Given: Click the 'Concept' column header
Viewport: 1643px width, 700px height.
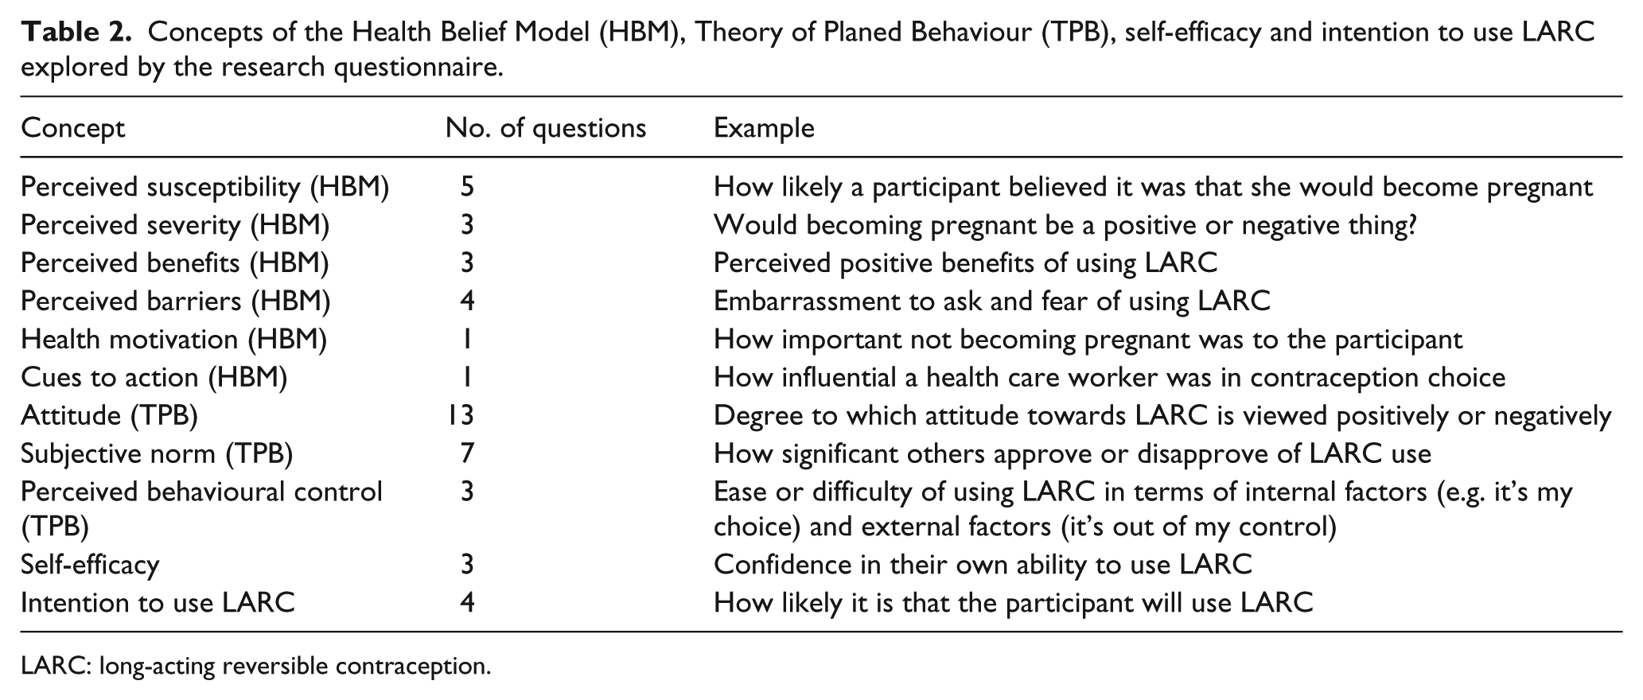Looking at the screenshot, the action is tap(72, 128).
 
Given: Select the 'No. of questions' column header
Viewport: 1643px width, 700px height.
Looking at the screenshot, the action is tap(546, 128).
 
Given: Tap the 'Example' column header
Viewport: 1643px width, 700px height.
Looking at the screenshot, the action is tap(764, 128).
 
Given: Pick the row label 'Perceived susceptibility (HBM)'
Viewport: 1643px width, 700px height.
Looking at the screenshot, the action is tap(205, 187).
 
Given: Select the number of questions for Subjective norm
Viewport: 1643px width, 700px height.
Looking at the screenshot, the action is tap(467, 454).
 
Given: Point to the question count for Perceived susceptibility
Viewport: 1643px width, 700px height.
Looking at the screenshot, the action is tap(467, 187).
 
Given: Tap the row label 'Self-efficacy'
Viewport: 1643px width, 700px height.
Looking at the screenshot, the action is tap(90, 565).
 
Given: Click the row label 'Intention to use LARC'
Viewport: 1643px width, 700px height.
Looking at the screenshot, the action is tap(158, 603).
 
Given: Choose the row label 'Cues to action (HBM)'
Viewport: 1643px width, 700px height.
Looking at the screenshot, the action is tap(154, 378).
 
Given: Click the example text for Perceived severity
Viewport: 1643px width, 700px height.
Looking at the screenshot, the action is tap(1065, 226).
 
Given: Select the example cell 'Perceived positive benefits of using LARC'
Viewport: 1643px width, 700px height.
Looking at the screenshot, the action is tap(965, 263).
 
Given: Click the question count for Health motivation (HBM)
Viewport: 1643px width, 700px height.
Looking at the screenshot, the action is tap(467, 340).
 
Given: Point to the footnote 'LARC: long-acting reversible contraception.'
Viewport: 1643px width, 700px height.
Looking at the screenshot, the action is tap(256, 666).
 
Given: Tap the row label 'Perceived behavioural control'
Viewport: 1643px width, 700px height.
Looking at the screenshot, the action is tap(201, 492).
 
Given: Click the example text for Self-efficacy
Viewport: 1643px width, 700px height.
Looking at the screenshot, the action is tap(983, 565).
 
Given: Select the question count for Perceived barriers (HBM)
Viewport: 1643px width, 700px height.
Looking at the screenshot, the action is tap(467, 301).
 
